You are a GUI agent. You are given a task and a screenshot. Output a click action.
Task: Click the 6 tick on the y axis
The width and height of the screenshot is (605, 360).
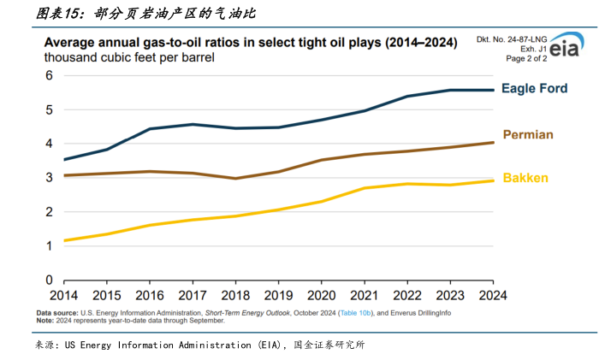coord(50,75)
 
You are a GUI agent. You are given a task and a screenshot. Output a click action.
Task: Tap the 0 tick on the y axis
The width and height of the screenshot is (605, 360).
coord(50,280)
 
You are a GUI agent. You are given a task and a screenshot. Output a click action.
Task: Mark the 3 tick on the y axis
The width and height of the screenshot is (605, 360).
coord(50,178)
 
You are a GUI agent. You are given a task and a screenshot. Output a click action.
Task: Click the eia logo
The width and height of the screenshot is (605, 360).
coord(563,49)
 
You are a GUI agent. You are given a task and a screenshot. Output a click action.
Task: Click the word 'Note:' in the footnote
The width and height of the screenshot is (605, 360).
coord(44,321)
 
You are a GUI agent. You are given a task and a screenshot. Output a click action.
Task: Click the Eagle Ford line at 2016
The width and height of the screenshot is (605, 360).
coord(150,129)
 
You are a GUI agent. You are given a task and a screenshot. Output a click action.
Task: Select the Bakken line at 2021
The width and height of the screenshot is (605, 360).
coord(364,188)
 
